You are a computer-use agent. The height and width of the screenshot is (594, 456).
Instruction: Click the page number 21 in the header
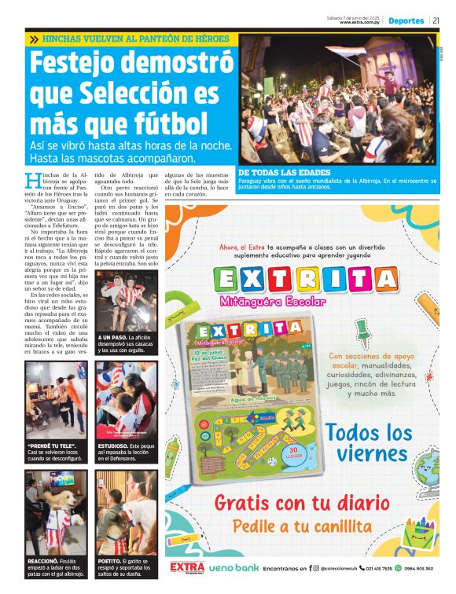point(436,20)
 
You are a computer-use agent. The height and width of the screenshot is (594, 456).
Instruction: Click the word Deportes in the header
point(406,20)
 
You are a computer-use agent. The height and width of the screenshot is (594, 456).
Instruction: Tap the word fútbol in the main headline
point(170,123)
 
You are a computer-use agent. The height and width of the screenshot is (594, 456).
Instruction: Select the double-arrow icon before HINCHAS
point(34,38)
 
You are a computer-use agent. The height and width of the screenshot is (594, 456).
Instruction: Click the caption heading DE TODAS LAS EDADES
point(285,172)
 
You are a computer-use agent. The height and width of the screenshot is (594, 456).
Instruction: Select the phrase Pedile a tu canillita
point(300,526)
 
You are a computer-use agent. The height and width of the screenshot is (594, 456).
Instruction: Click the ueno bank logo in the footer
point(234,567)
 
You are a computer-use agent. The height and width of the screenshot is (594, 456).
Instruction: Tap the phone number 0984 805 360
point(418,568)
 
